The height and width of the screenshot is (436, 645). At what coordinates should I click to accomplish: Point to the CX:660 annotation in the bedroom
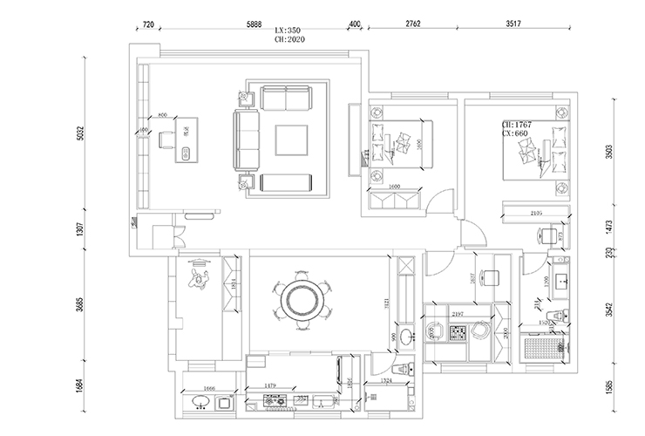pyautogui.click(x=518, y=135)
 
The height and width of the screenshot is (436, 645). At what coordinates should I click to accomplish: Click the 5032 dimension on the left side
pyautogui.click(x=79, y=133)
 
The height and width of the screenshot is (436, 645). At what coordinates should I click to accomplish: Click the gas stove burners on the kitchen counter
pyautogui.click(x=276, y=401)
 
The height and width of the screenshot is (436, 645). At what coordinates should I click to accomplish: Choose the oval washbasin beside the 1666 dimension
pyautogui.click(x=200, y=402)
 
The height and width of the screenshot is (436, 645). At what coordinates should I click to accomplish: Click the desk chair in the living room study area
pyautogui.click(x=166, y=139)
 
